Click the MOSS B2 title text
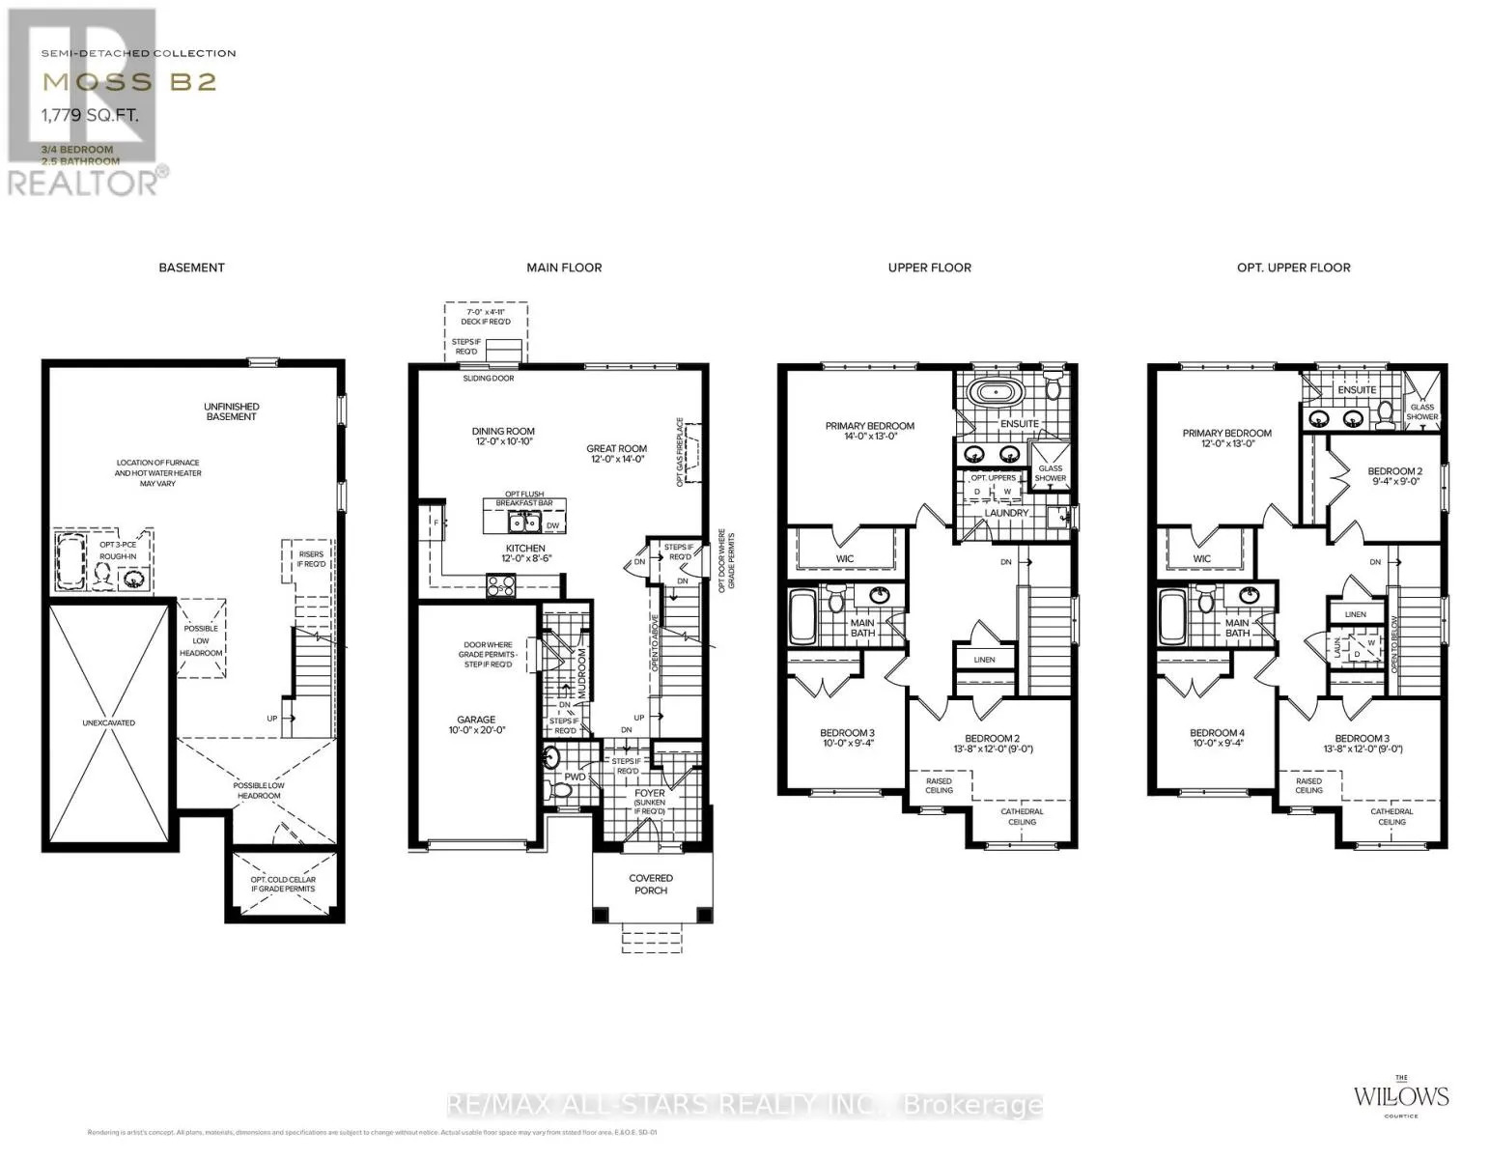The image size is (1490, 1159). pyautogui.click(x=128, y=82)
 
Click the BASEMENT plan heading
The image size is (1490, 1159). pyautogui.click(x=191, y=268)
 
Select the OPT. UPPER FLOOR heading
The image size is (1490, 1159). pyautogui.click(x=1293, y=268)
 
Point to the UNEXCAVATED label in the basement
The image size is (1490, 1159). pyautogui.click(x=108, y=722)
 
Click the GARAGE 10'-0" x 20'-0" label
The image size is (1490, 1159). pyautogui.click(x=476, y=725)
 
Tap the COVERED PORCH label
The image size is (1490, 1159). pyautogui.click(x=650, y=884)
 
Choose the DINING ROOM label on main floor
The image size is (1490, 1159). pyautogui.click(x=503, y=437)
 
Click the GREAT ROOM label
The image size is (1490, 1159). pyautogui.click(x=616, y=454)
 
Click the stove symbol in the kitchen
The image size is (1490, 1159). pyautogui.click(x=500, y=583)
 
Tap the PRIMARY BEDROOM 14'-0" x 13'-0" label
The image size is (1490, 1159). pyautogui.click(x=869, y=431)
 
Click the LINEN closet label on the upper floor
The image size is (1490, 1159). pyautogui.click(x=984, y=660)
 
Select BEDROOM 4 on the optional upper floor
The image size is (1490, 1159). pyautogui.click(x=1217, y=739)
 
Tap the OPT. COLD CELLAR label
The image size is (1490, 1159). pyautogui.click(x=283, y=884)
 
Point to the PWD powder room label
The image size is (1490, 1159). pyautogui.click(x=576, y=777)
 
